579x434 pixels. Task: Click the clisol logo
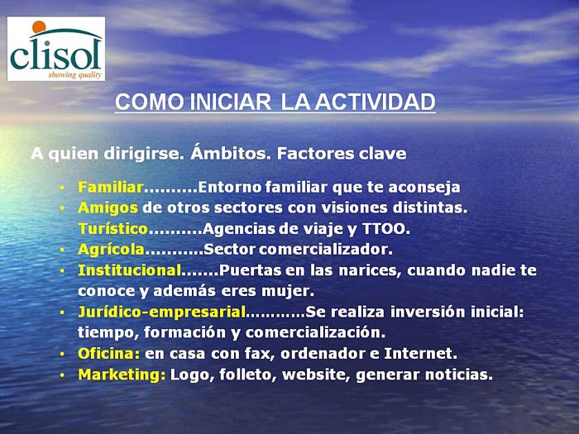click(56, 49)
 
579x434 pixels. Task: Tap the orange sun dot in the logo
click(39, 27)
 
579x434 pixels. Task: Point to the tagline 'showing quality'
click(75, 75)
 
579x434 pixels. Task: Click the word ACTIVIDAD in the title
click(376, 102)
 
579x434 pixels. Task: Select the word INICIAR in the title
click(231, 102)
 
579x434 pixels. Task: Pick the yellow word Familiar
click(110, 187)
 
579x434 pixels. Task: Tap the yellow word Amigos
click(108, 208)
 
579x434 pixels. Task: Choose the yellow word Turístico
click(113, 229)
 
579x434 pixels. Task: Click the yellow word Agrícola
click(111, 250)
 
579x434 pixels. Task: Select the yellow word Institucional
click(129, 270)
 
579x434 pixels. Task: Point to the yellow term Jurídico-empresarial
click(162, 312)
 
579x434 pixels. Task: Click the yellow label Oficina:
click(109, 354)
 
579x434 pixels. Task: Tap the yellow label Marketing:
click(122, 375)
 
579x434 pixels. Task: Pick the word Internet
click(420, 354)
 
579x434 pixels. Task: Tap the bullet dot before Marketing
click(62, 375)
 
